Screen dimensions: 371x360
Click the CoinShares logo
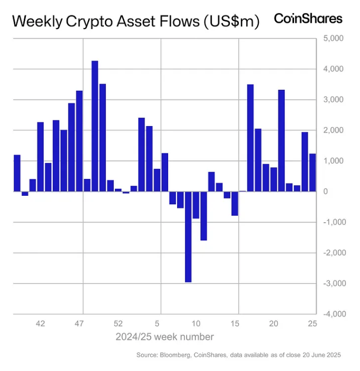tap(308, 18)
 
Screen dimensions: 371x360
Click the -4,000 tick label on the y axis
tap(332, 314)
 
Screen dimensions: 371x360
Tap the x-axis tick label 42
tap(41, 324)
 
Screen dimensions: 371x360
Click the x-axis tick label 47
tap(80, 324)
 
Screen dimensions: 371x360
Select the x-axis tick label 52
tap(118, 324)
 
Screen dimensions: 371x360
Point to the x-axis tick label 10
tap(196, 324)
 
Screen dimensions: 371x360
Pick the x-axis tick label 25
tap(312, 324)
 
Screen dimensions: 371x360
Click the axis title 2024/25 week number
tap(165, 337)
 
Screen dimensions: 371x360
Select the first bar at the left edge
tap(17, 173)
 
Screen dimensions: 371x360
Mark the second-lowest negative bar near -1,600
tap(203, 216)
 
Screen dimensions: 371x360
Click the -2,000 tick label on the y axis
tap(332, 253)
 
